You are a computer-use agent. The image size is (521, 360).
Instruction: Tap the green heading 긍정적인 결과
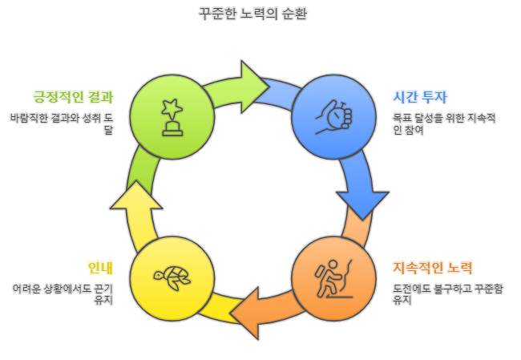click(x=73, y=97)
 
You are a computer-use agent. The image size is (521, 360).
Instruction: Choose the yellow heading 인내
click(x=100, y=268)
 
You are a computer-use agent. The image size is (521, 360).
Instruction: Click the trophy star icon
click(x=171, y=117)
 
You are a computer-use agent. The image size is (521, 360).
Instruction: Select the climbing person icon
click(x=333, y=279)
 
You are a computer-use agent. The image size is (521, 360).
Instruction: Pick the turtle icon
click(x=171, y=278)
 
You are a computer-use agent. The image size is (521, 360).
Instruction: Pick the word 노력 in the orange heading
click(x=457, y=268)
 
